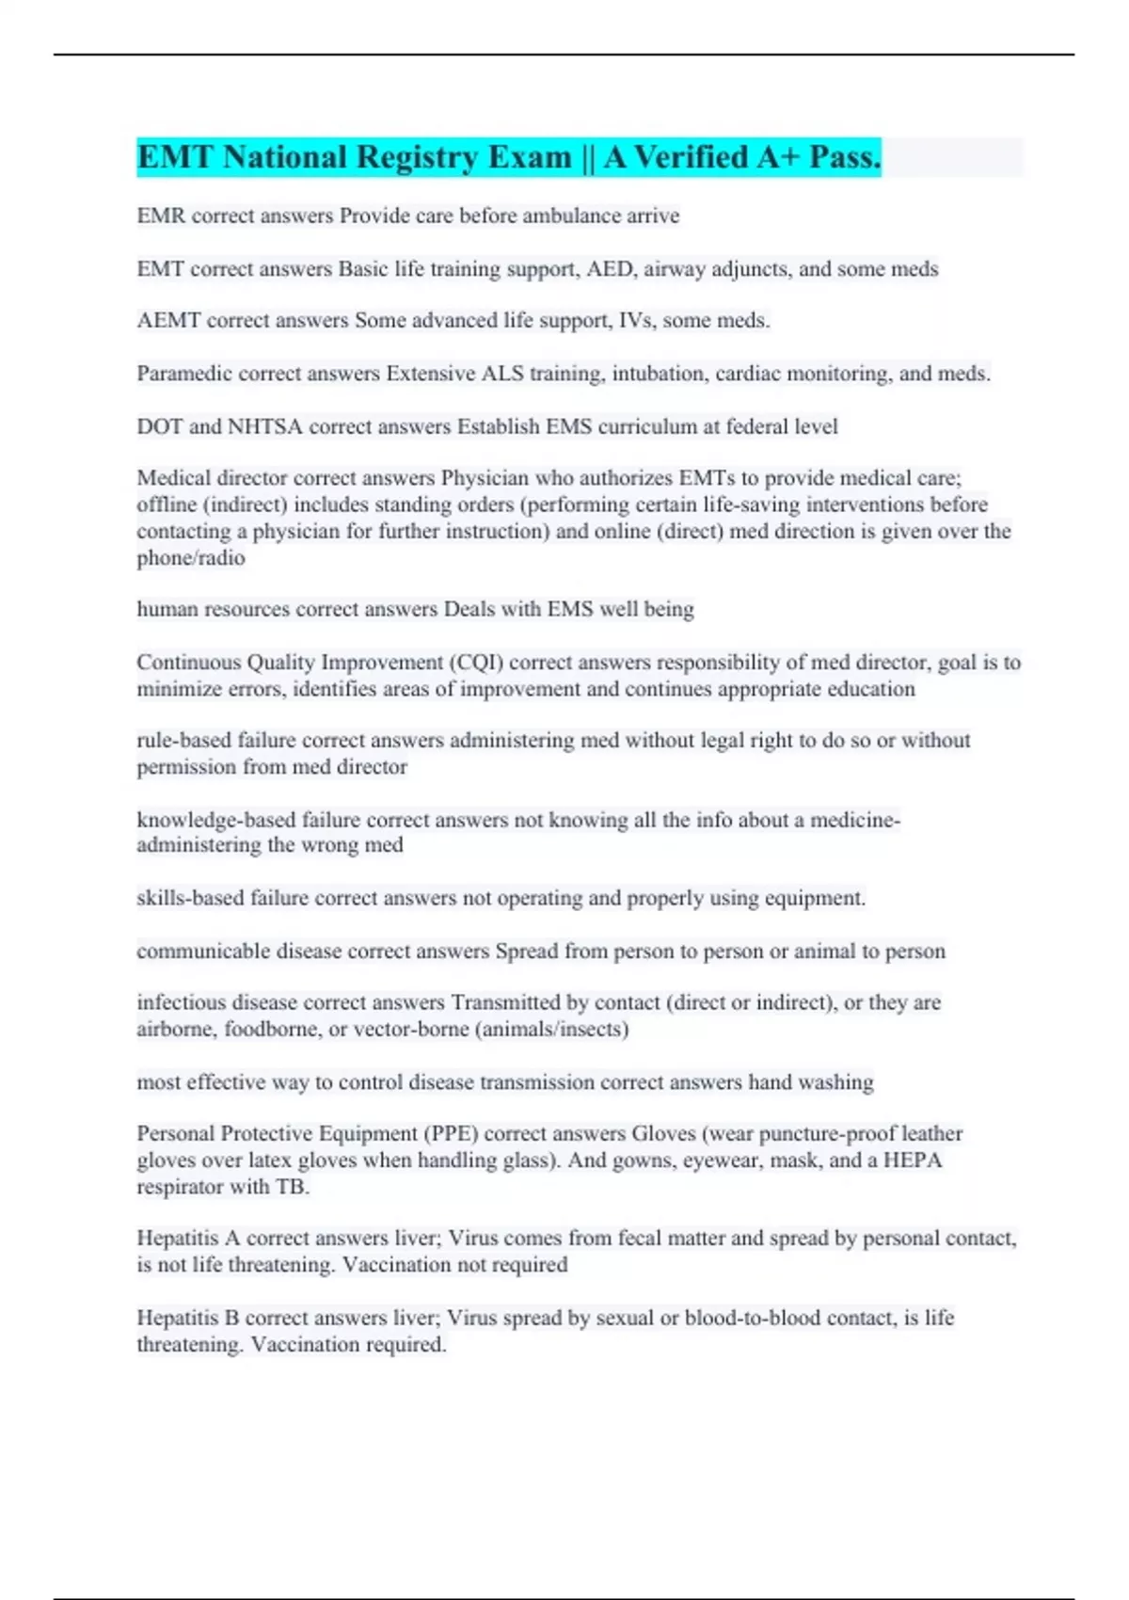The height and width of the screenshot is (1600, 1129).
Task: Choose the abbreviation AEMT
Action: point(168,320)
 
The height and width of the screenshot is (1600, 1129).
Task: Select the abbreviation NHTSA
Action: point(264,426)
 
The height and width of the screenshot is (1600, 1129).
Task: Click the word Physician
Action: point(485,478)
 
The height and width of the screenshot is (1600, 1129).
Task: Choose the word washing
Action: point(835,1082)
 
